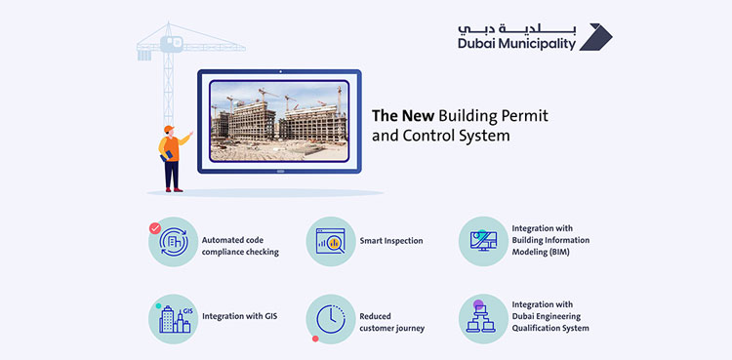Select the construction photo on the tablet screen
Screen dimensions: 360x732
[x=278, y=121]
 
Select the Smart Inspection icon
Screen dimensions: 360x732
[x=329, y=240]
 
